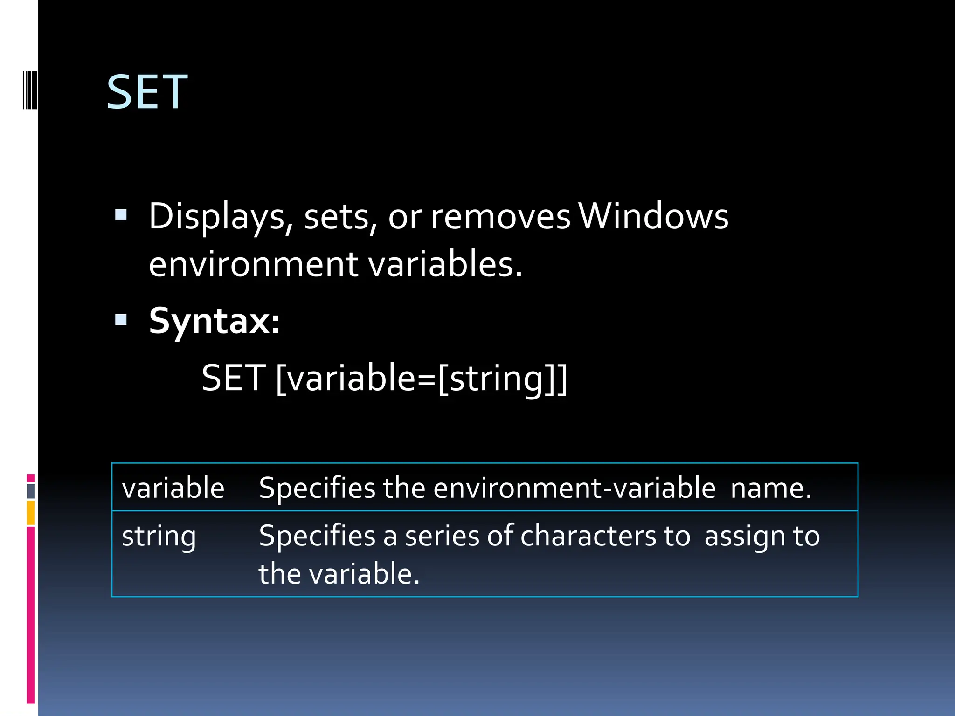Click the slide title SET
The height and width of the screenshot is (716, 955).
tap(147, 93)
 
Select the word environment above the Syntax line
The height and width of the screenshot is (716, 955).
tap(253, 264)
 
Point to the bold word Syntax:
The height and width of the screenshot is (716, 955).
tap(214, 321)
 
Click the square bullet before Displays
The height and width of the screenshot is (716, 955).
tap(121, 215)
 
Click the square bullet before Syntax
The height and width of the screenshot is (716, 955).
tap(121, 320)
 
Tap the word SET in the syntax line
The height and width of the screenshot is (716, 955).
tap(234, 378)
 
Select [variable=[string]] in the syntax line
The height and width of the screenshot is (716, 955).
tap(422, 379)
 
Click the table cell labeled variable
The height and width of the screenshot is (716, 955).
tap(173, 488)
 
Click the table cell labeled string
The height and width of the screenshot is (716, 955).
tap(159, 536)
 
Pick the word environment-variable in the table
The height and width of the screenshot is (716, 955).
tap(574, 488)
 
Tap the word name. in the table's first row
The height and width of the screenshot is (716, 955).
tap(771, 488)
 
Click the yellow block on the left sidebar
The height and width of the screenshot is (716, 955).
tap(30, 513)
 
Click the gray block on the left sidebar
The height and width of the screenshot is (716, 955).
tap(30, 491)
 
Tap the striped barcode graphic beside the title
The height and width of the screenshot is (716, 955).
tap(30, 90)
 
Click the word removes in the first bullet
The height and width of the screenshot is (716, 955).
tap(500, 217)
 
